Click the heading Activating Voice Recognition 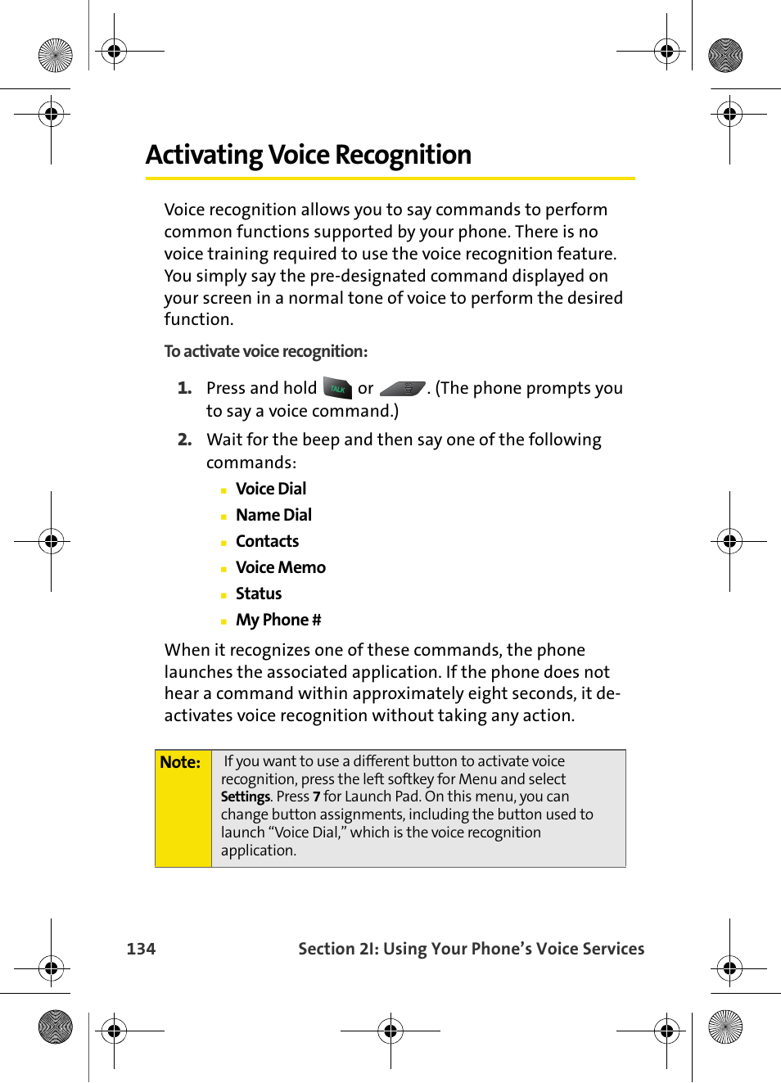pyautogui.click(x=308, y=155)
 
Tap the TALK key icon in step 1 pyautogui.click(x=337, y=388)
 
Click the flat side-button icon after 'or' pyautogui.click(x=403, y=389)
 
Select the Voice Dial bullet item pyautogui.click(x=270, y=489)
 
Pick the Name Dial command pyautogui.click(x=273, y=515)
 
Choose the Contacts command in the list pyautogui.click(x=267, y=541)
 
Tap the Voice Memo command pyautogui.click(x=280, y=567)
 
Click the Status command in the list pyautogui.click(x=258, y=593)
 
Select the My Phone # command pyautogui.click(x=278, y=620)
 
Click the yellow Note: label pyautogui.click(x=180, y=762)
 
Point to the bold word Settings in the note pyautogui.click(x=245, y=796)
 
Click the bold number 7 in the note pyautogui.click(x=316, y=796)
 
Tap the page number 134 pyautogui.click(x=141, y=949)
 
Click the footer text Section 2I pyautogui.click(x=338, y=949)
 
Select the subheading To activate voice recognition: pyautogui.click(x=265, y=351)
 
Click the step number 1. pyautogui.click(x=184, y=388)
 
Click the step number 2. pyautogui.click(x=184, y=440)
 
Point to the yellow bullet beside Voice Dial pyautogui.click(x=223, y=490)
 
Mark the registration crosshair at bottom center pyautogui.click(x=390, y=1031)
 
